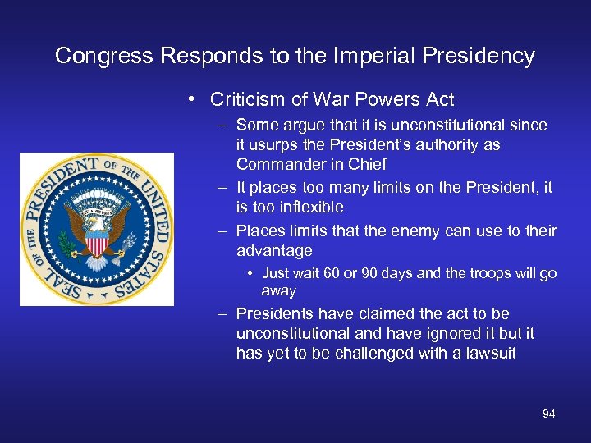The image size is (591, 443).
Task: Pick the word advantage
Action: click(274, 250)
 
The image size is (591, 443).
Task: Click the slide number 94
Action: click(548, 413)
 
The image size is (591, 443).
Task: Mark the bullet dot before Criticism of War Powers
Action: click(190, 100)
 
